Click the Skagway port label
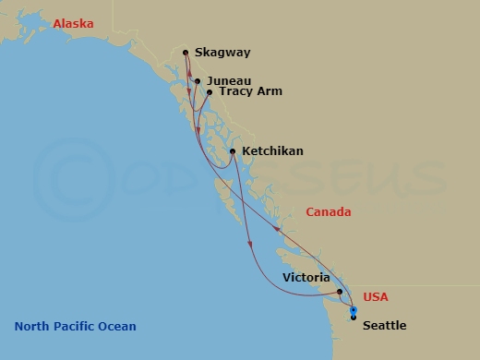[223, 54]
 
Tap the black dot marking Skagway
[186, 53]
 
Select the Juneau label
[229, 81]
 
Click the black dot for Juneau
[198, 81]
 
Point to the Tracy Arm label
[249, 92]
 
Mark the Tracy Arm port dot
[210, 92]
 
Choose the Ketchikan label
[272, 151]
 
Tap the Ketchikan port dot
[232, 151]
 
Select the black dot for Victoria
[341, 292]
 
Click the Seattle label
[384, 326]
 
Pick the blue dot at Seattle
[354, 310]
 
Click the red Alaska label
[73, 24]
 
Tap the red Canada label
[329, 212]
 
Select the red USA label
[377, 297]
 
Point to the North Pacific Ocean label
[75, 327]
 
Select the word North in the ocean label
[31, 327]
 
